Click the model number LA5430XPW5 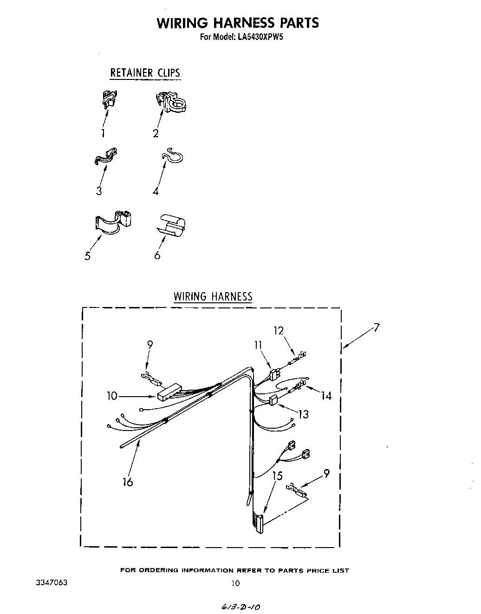(x=254, y=37)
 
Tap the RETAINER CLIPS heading (x=145, y=73)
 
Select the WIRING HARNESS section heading (x=213, y=297)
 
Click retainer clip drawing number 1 (x=109, y=99)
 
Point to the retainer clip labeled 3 (x=106, y=156)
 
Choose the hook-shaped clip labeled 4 (x=173, y=157)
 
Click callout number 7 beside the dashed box (x=376, y=328)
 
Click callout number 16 (x=128, y=482)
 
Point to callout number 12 (x=279, y=331)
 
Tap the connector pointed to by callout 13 (x=273, y=400)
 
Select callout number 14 (x=326, y=396)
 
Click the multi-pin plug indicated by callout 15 (x=258, y=523)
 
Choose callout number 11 (x=258, y=345)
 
